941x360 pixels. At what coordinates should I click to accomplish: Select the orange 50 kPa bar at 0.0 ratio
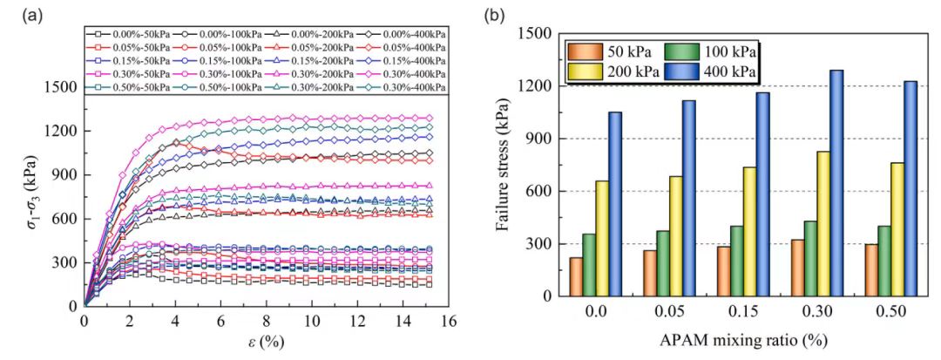pos(576,276)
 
